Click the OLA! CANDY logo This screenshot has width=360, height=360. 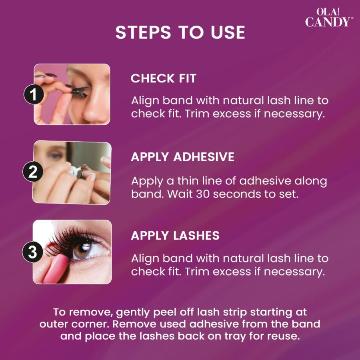[x=329, y=18]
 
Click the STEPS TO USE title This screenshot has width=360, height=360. [x=180, y=32]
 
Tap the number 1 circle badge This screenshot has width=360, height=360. [x=33, y=95]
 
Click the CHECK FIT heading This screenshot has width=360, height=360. [x=164, y=78]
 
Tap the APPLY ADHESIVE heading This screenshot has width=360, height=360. [x=182, y=157]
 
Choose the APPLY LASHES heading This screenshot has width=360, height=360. [x=175, y=236]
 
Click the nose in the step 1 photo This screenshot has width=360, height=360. [x=93, y=112]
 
